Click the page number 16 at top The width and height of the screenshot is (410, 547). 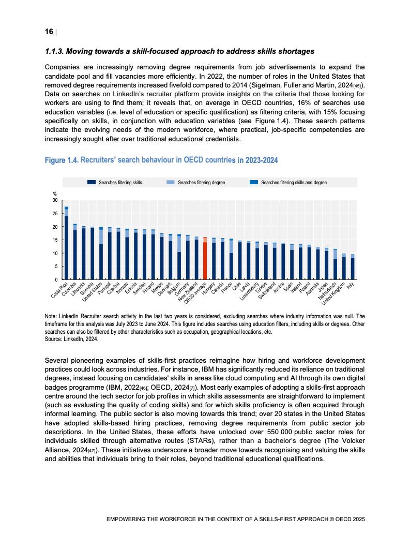pyautogui.click(x=49, y=32)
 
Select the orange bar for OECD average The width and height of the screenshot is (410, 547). pyautogui.click(x=205, y=259)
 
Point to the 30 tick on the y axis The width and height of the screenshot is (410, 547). pyautogui.click(x=55, y=200)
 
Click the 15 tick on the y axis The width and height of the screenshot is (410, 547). pyautogui.click(x=55, y=240)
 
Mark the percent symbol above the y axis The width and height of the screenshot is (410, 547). pyautogui.click(x=55, y=194)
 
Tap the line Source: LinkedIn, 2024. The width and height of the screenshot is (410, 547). pyautogui.click(x=71, y=339)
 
